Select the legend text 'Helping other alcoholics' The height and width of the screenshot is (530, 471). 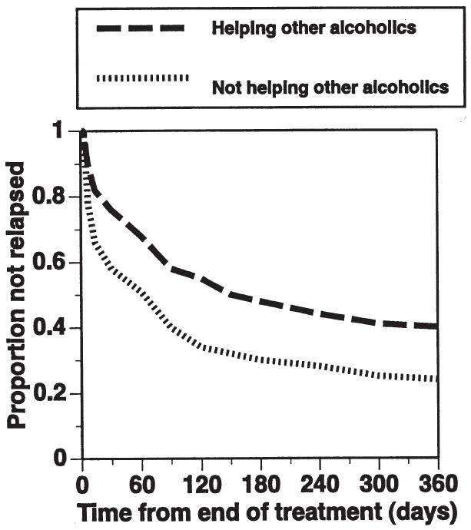[x=313, y=28]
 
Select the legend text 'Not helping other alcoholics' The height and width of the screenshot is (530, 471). [x=330, y=87]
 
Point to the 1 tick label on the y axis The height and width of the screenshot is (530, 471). [x=59, y=132]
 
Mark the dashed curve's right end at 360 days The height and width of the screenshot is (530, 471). [x=436, y=326]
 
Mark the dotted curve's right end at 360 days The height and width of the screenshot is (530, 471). [x=436, y=379]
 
